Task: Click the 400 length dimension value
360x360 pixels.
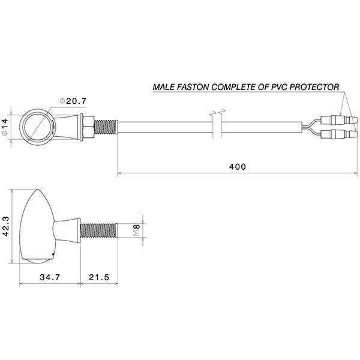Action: (238, 166)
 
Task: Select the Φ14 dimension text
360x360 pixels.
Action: (5, 127)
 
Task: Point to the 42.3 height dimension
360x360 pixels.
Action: (6, 227)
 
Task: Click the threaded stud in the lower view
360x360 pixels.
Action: (100, 229)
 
